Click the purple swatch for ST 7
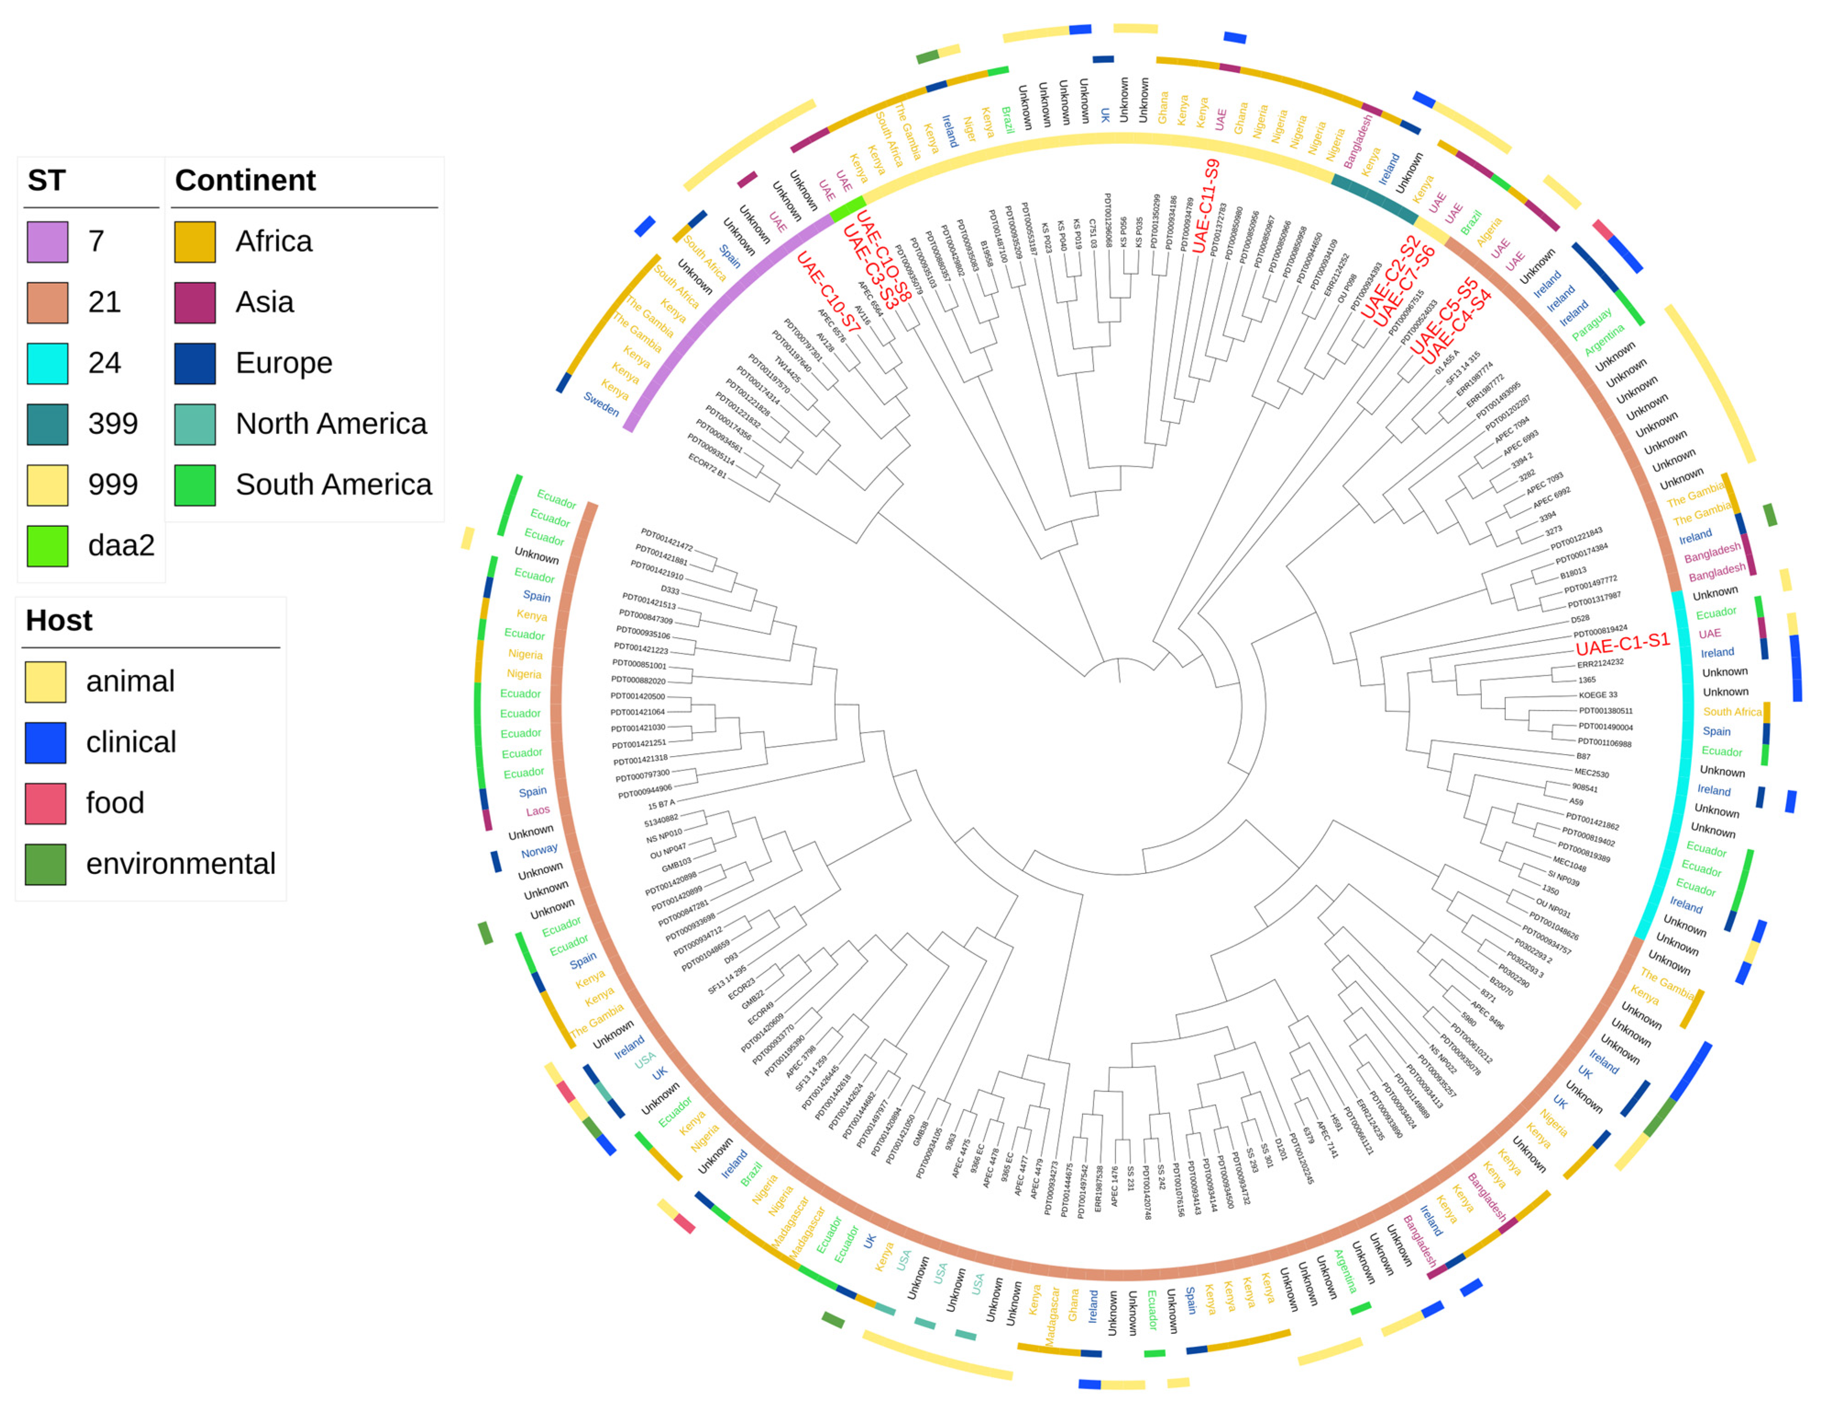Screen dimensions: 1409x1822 48,242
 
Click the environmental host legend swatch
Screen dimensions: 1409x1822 46,864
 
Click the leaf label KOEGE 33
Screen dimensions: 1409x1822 1597,695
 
